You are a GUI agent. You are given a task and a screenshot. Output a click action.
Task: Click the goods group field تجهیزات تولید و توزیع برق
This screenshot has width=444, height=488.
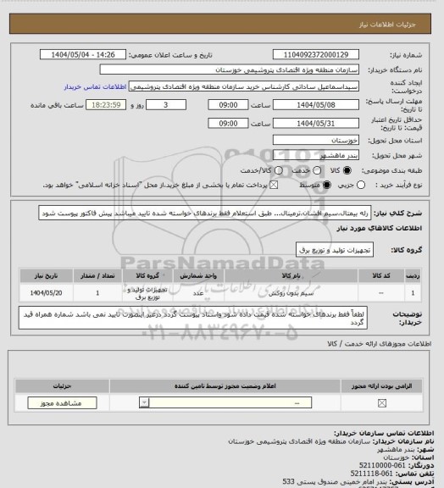coord(322,251)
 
